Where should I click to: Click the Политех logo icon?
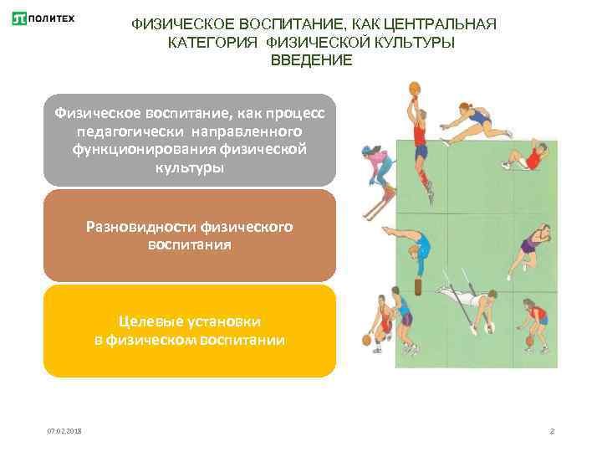click(20, 18)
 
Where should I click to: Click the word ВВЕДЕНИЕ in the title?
click(312, 61)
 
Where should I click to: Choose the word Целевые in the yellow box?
click(146, 321)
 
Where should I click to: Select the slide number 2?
click(552, 430)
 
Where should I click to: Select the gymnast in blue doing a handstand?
click(413, 249)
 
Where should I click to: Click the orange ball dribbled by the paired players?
click(366, 340)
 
